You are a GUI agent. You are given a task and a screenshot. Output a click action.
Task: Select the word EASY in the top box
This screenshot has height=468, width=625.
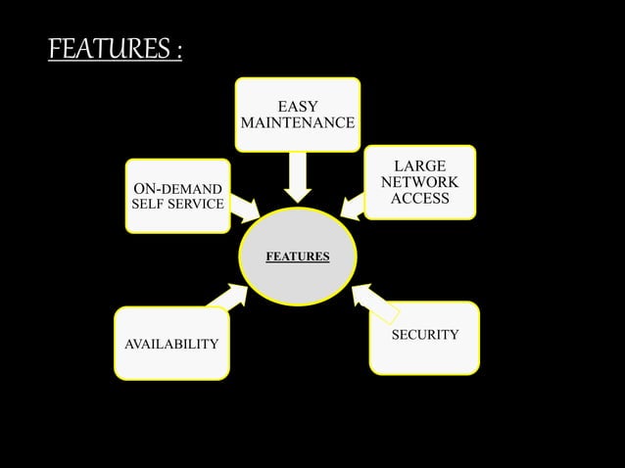(297, 106)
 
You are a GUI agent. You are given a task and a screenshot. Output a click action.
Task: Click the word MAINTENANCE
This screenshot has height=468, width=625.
(297, 124)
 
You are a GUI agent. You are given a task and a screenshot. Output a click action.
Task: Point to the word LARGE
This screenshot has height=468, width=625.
(419, 166)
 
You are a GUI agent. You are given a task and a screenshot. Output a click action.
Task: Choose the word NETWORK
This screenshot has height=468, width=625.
(419, 183)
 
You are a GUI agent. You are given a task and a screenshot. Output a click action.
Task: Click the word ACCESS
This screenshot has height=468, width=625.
(419, 199)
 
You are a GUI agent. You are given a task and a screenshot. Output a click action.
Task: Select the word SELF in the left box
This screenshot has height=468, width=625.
(149, 206)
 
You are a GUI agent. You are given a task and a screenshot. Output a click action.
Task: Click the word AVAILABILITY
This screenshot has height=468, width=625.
(171, 345)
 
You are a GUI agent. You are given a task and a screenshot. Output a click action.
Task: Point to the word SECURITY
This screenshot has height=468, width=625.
(425, 335)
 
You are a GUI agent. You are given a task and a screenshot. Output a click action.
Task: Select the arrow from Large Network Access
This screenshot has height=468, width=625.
(355, 207)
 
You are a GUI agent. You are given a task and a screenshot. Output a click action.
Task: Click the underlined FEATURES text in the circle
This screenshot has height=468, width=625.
(297, 257)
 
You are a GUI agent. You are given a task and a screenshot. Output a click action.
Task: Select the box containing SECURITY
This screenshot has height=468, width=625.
(424, 339)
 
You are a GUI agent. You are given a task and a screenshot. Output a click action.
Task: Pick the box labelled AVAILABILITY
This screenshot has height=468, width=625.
(171, 344)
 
